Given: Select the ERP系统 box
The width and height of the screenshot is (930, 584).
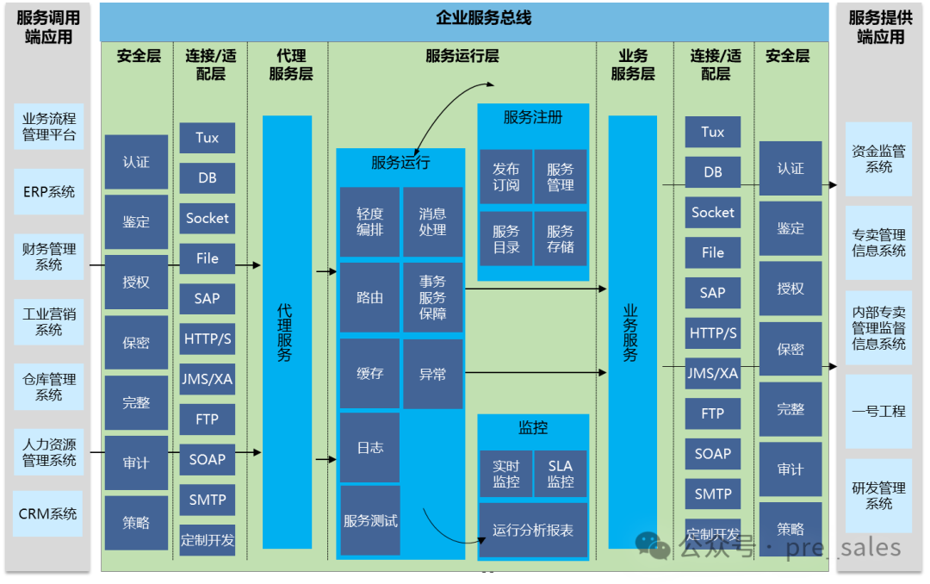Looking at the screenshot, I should (x=49, y=191).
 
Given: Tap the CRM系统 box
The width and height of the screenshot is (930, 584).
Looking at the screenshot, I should (x=48, y=513).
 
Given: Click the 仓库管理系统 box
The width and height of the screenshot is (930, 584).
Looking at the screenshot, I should (x=49, y=387).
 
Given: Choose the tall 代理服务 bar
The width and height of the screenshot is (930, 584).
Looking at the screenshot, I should (x=287, y=332).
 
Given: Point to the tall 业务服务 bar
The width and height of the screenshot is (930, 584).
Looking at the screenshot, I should (x=632, y=332).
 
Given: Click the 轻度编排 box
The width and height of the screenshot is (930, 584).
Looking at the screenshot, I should (x=369, y=221).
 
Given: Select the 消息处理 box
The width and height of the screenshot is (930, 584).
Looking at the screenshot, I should (x=432, y=221).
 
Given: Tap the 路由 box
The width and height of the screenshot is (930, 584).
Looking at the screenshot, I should (x=369, y=297).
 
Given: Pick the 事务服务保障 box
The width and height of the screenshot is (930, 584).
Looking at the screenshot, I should (x=432, y=297).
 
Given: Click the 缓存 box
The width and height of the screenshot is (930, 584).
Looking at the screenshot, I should (x=369, y=374).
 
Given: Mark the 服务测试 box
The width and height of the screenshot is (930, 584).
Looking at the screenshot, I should (x=370, y=520).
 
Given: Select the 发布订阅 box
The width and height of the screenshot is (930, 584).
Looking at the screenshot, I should (x=506, y=177).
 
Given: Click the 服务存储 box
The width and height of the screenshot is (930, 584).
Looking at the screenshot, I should (x=560, y=239).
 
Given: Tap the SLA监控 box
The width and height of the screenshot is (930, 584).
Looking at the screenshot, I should (x=560, y=474).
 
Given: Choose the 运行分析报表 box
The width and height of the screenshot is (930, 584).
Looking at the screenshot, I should (x=533, y=530).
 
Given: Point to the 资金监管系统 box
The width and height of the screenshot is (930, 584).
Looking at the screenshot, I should (x=878, y=158).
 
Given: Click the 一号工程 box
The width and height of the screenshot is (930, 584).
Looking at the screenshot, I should (x=878, y=411).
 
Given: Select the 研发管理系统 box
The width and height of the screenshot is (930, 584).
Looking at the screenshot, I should (x=878, y=495).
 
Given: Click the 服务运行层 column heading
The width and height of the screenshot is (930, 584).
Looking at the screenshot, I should (x=462, y=57).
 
